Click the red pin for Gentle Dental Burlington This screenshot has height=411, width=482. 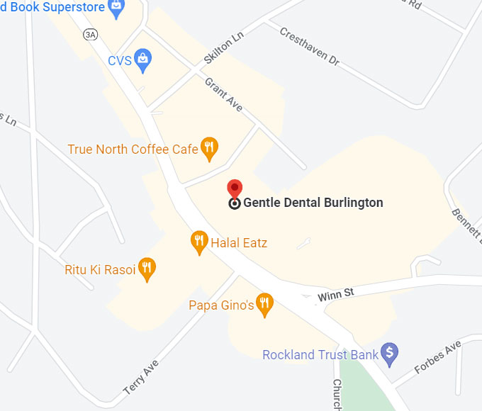click(235, 189)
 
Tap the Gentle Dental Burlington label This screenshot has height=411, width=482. click(313, 203)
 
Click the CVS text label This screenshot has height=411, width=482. click(119, 61)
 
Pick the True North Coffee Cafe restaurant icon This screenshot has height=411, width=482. click(209, 147)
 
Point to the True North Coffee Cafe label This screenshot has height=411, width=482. click(133, 150)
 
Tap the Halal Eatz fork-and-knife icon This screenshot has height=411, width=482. click(199, 242)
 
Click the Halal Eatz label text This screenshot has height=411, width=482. click(239, 244)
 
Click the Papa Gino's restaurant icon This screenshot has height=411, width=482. click(264, 304)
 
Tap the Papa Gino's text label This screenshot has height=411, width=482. click(220, 305)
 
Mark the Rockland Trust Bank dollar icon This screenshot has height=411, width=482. click(389, 352)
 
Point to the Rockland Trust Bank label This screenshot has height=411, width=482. click(320, 354)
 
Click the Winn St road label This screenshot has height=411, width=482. click(335, 293)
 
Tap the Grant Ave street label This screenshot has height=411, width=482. click(224, 94)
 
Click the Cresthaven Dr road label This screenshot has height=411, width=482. click(309, 47)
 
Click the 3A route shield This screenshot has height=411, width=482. click(90, 34)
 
